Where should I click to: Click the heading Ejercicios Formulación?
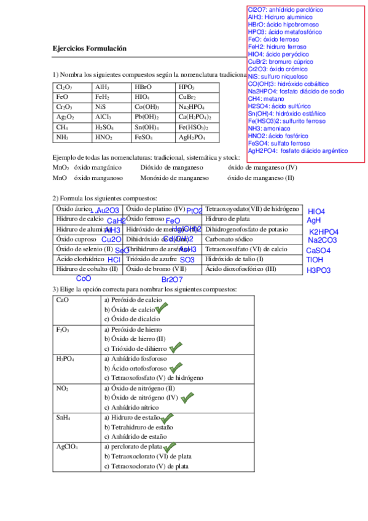pyautogui.click(x=89, y=48)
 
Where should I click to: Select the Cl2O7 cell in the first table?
pyautogui.click(x=64, y=87)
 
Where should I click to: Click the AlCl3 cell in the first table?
pyautogui.click(x=103, y=117)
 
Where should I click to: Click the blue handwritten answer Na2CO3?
pyautogui.click(x=323, y=241)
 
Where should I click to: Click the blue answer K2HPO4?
pyautogui.click(x=324, y=232)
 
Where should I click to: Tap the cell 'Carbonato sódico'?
pyautogui.click(x=229, y=239)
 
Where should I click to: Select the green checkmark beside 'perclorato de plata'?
pyautogui.click(x=170, y=447)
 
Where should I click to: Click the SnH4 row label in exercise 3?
pyautogui.click(x=63, y=417)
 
